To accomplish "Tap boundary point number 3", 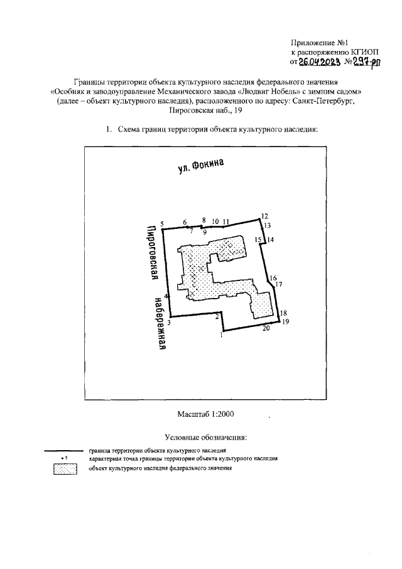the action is click(173, 316).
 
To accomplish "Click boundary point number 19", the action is click(279, 320).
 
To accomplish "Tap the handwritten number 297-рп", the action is click(361, 62).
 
